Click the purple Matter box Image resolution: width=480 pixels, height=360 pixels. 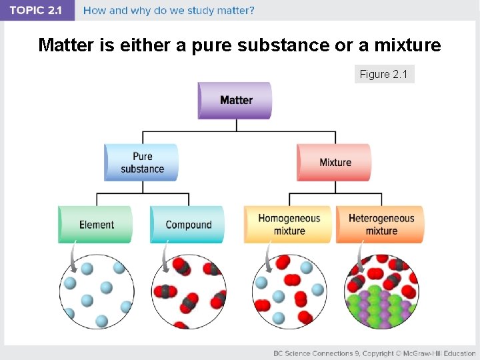pyautogui.click(x=235, y=100)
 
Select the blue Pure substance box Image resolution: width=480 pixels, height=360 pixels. pyautogui.click(x=141, y=162)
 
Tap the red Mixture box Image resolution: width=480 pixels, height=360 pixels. pyautogui.click(x=334, y=162)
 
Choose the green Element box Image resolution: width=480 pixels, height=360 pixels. pyautogui.click(x=95, y=225)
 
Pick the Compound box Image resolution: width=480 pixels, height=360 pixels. pyautogui.click(x=187, y=225)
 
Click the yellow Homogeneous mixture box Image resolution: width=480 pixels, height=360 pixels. pyautogui.click(x=288, y=224)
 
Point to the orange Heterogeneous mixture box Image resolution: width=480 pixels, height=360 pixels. pyautogui.click(x=380, y=224)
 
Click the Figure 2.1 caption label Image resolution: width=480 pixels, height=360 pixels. pyautogui.click(x=384, y=74)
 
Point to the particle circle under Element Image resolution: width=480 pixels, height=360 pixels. pyautogui.click(x=97, y=292)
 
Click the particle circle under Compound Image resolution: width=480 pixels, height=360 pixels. pyautogui.click(x=189, y=292)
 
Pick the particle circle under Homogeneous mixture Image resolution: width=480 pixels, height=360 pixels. pyautogui.click(x=289, y=292)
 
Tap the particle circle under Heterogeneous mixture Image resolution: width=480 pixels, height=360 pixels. pyautogui.click(x=381, y=292)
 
